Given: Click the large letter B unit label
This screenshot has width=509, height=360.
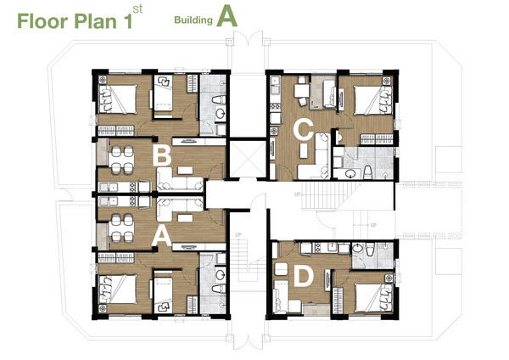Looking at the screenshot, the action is pyautogui.click(x=162, y=155).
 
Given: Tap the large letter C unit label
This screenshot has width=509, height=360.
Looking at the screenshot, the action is pyautogui.click(x=303, y=129).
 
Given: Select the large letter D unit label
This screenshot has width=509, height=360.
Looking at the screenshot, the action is pyautogui.click(x=304, y=277).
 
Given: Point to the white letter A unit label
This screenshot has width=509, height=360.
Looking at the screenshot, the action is pyautogui.click(x=162, y=236).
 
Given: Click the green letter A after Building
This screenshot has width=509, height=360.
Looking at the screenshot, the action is pyautogui.click(x=227, y=17).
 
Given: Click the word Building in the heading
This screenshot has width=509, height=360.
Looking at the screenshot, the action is pyautogui.click(x=193, y=20).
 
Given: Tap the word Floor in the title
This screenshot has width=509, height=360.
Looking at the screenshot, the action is pyautogui.click(x=42, y=21).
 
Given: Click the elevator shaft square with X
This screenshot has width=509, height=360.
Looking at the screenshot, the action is pyautogui.click(x=248, y=159).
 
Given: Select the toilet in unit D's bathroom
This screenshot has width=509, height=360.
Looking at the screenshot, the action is pyautogui.click(x=370, y=250).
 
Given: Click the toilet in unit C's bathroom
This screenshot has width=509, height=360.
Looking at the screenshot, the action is pyautogui.click(x=367, y=172).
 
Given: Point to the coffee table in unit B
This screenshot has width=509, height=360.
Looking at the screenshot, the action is pyautogui.click(x=185, y=171).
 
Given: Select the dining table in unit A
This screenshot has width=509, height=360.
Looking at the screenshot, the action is pyautogui.click(x=121, y=228).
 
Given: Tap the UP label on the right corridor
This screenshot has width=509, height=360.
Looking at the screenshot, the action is pyautogui.click(x=373, y=225).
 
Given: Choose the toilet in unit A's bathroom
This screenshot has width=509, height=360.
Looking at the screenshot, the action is pyautogui.click(x=219, y=288).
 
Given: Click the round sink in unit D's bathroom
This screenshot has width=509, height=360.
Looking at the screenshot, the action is pyautogui.click(x=357, y=249).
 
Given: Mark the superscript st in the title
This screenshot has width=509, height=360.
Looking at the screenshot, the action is pyautogui.click(x=137, y=9).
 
